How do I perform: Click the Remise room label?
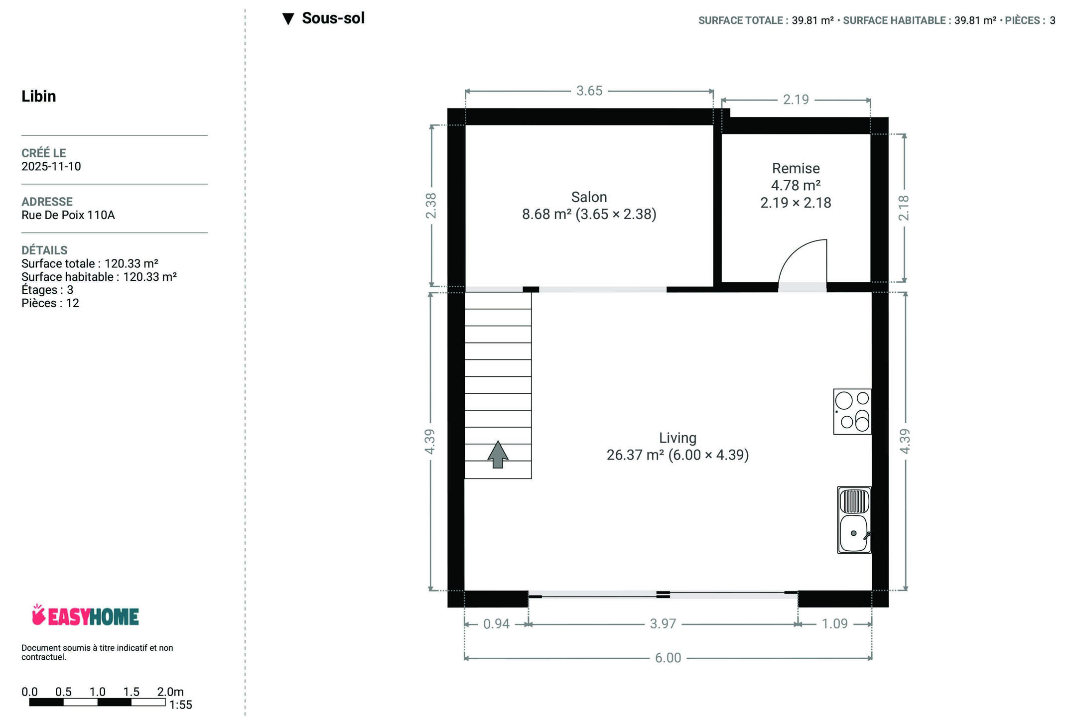[796, 168]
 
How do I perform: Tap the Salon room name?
[589, 197]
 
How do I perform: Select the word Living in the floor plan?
[677, 438]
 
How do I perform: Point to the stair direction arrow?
[498, 454]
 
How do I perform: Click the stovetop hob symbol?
[852, 411]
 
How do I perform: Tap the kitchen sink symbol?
[854, 520]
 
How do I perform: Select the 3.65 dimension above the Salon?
[589, 91]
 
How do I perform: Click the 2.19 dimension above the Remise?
[796, 100]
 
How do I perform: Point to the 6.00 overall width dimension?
[668, 658]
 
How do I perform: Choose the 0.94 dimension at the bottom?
[496, 624]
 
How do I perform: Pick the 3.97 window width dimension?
[663, 624]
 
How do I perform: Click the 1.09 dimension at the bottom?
[834, 624]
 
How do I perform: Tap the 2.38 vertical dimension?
[430, 205]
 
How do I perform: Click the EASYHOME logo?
[85, 615]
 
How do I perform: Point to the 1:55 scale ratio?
[180, 705]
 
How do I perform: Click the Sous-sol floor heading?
[333, 18]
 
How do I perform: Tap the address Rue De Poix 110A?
[68, 215]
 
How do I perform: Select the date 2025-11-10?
[51, 166]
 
